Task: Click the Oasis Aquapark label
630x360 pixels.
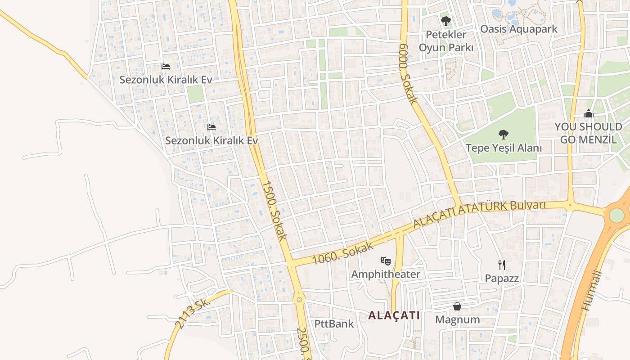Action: tap(518, 29)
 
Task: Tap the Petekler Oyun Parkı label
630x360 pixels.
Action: tap(446, 41)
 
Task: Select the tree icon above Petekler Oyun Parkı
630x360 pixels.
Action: tap(446, 21)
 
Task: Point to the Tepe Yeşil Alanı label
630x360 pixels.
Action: tap(504, 148)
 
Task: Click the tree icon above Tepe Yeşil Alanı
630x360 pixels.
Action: tap(503, 134)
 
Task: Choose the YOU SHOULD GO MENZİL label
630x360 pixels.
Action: tap(588, 133)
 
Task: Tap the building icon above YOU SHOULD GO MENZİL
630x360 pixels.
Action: tap(588, 114)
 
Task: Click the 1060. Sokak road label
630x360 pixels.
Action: tap(343, 253)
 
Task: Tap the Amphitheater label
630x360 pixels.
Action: tap(385, 274)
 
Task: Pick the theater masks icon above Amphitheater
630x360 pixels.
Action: tap(385, 261)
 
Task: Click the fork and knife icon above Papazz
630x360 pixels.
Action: tap(502, 265)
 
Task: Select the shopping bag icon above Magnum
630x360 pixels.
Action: tap(457, 306)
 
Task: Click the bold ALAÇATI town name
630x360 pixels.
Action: tap(394, 315)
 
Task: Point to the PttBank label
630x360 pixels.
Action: tap(334, 324)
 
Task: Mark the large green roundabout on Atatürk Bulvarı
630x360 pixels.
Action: tap(616, 215)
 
